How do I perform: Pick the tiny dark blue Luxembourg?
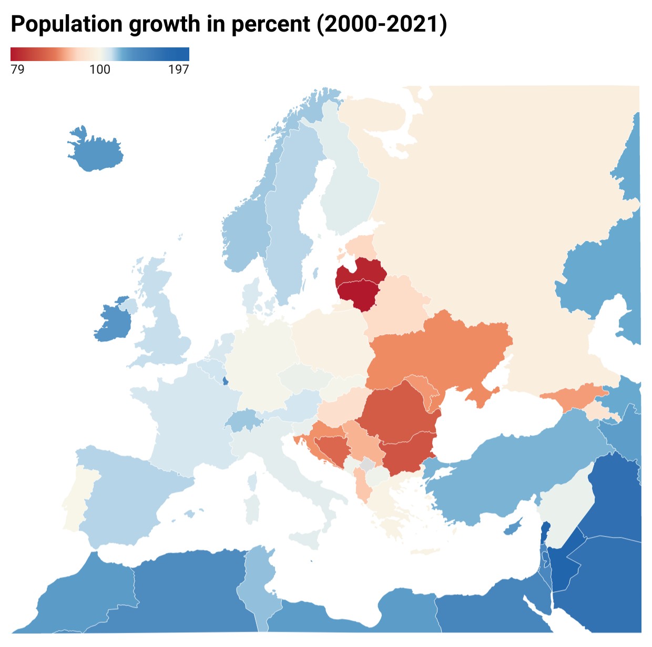pyautogui.click(x=226, y=380)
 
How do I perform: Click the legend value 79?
pyautogui.click(x=17, y=69)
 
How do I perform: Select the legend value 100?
pyautogui.click(x=100, y=69)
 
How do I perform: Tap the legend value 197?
pyautogui.click(x=179, y=69)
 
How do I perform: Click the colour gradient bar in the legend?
pyautogui.click(x=100, y=54)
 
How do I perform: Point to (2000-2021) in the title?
pyautogui.click(x=382, y=24)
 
